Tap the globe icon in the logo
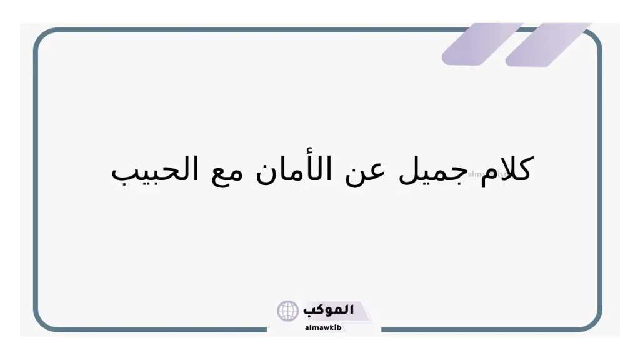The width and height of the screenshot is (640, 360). pos(288,311)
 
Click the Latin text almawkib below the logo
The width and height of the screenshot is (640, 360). pos(322,327)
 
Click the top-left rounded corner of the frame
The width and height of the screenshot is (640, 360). pos(42,37)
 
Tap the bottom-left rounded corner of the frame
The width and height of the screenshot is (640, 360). pos(42,322)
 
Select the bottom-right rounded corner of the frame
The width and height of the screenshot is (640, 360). pos(594,322)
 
